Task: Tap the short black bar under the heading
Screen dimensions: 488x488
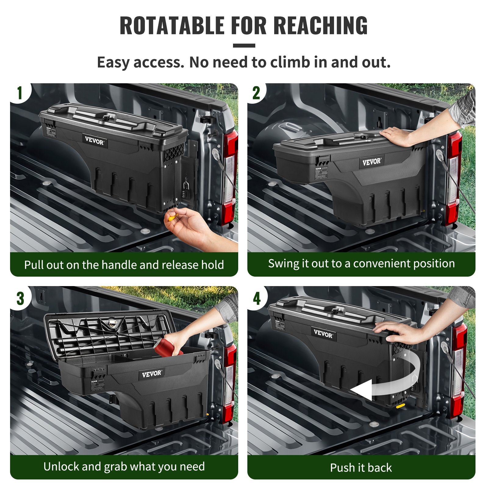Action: tap(244, 45)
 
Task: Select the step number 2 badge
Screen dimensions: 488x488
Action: tap(256, 93)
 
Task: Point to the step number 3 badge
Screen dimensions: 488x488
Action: tap(20, 298)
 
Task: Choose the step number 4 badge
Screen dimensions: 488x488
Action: tap(257, 298)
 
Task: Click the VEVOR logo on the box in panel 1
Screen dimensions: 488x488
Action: tap(94, 141)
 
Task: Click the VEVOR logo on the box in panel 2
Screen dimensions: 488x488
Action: tap(371, 162)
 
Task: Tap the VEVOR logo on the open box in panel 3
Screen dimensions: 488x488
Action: tap(152, 374)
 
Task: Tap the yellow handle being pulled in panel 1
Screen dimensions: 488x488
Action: tap(172, 217)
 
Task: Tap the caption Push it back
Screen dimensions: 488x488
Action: tap(361, 468)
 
